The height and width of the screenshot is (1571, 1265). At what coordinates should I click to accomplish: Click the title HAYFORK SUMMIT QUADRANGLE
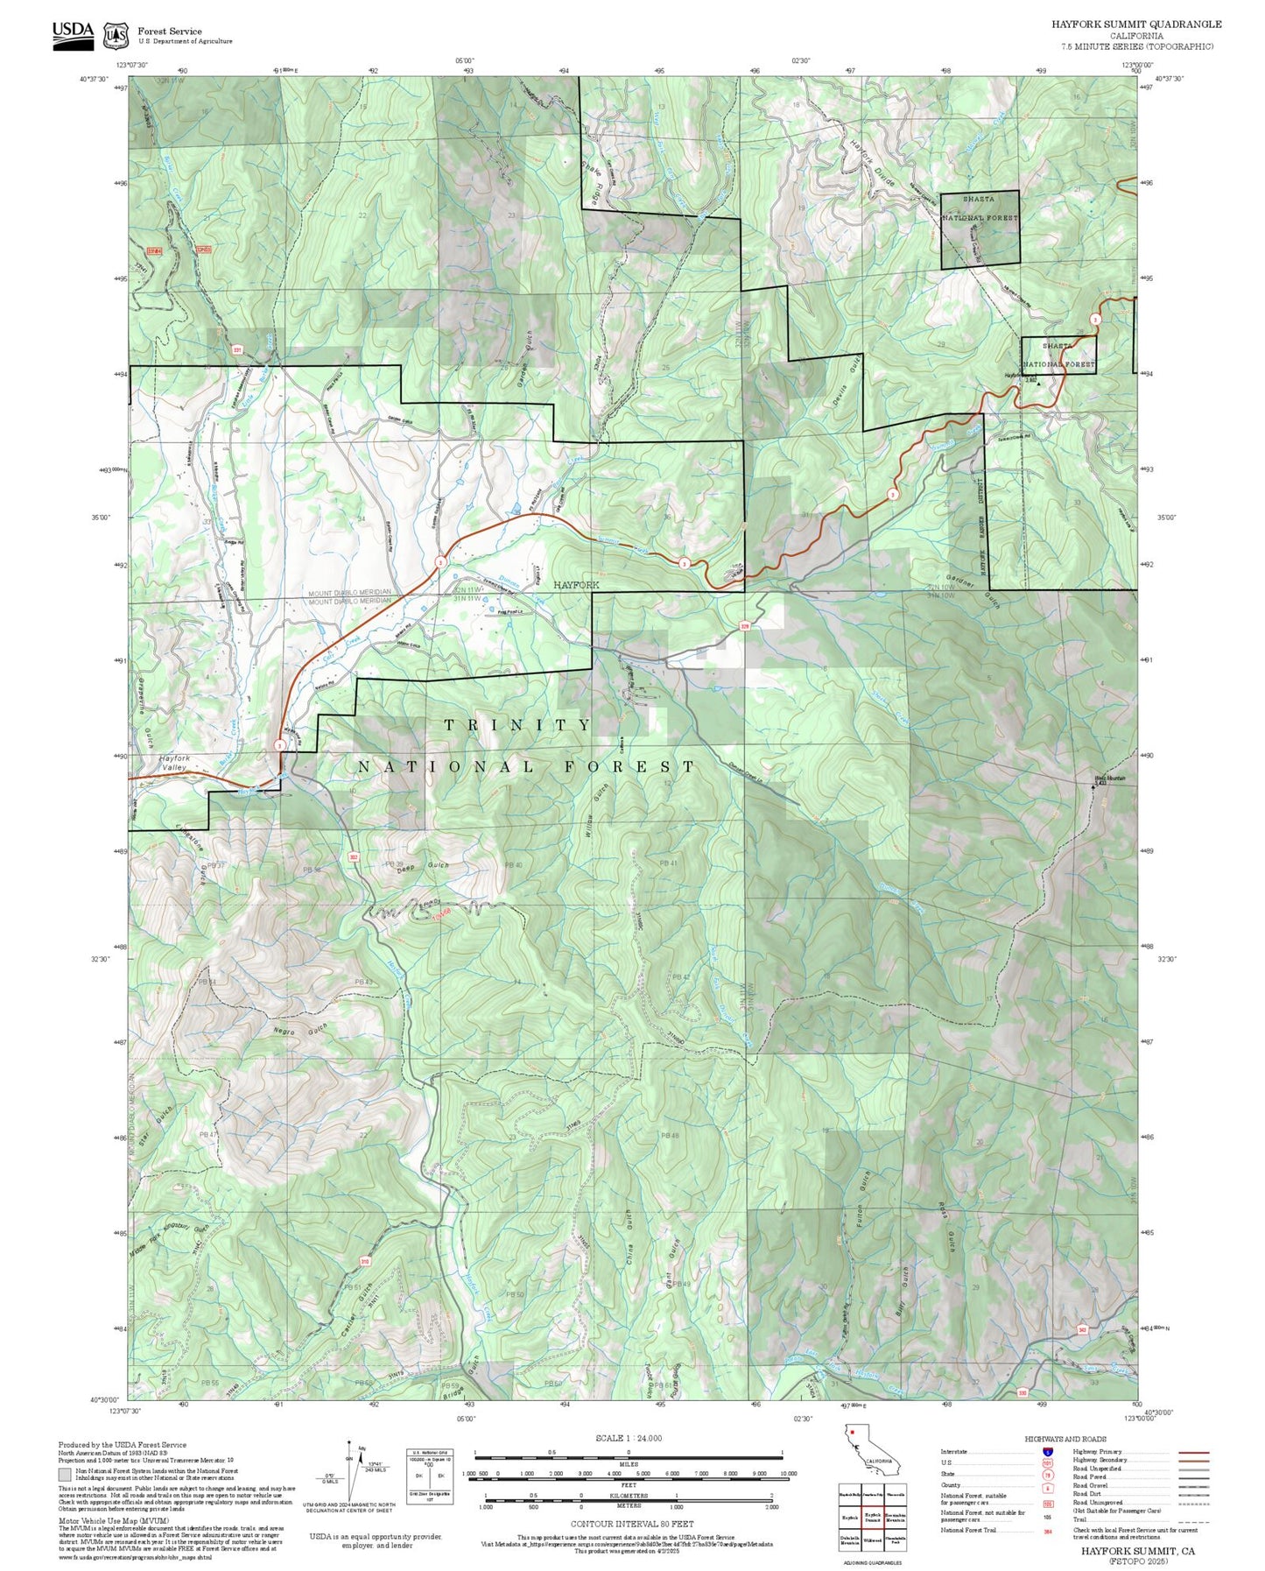click(1136, 24)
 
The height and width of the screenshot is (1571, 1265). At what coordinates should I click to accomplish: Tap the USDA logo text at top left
click(73, 30)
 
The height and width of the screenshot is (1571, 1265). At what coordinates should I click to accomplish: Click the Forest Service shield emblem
click(116, 36)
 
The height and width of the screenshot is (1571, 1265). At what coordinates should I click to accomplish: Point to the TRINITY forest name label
click(518, 725)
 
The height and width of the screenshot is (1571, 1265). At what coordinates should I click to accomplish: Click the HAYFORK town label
click(575, 584)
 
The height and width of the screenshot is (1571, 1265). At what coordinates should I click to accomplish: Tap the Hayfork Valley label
click(173, 763)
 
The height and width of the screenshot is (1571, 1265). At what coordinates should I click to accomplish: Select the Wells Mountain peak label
click(1109, 778)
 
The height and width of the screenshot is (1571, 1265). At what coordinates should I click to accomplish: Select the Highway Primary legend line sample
click(1194, 1452)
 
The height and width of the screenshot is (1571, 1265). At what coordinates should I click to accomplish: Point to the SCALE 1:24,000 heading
click(628, 1438)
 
